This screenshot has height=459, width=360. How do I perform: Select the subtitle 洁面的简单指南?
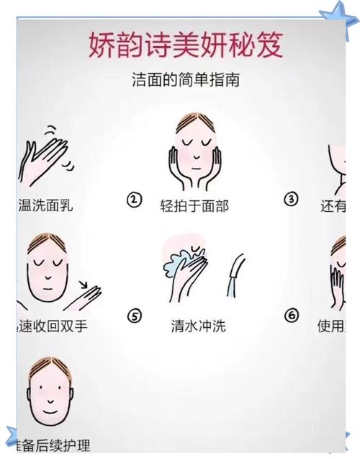[185, 80]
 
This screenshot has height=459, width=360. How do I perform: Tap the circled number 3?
[291, 200]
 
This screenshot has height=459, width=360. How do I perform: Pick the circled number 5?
[134, 316]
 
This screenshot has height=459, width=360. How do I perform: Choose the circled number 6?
[291, 316]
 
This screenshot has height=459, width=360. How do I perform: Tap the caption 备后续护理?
[50, 444]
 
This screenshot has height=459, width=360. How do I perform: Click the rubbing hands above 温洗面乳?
[45, 155]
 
